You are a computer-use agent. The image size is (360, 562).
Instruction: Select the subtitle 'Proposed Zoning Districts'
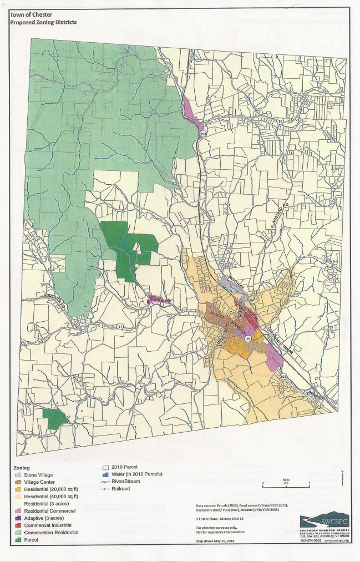point(43,23)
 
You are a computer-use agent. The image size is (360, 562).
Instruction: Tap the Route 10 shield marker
point(281,121)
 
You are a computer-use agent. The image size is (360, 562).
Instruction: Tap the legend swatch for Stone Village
point(18,475)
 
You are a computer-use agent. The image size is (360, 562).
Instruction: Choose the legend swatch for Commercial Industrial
point(18,524)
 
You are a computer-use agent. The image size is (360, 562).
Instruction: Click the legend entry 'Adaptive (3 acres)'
point(43,518)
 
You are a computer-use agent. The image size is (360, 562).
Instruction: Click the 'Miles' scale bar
point(286,485)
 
